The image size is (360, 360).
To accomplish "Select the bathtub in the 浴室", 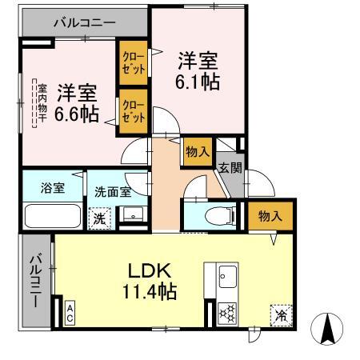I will (x=53, y=217).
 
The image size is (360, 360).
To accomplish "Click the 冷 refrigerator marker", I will (x=282, y=315).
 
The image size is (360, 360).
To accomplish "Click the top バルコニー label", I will (x=84, y=23).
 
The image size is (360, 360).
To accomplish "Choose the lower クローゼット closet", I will (x=133, y=110).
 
